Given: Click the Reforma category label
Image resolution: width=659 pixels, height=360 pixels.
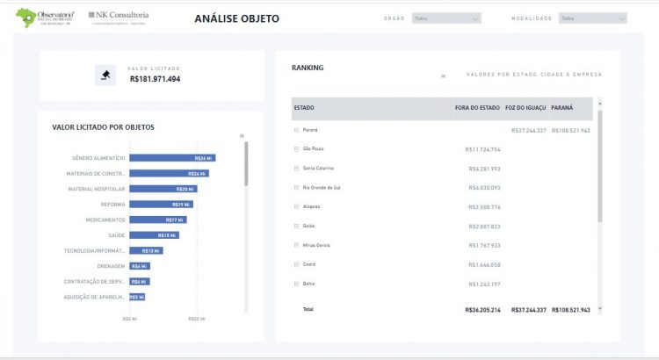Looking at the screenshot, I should [x=113, y=204].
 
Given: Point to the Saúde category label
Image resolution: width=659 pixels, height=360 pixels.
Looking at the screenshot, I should [x=117, y=235].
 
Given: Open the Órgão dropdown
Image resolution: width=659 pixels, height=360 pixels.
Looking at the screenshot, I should [x=446, y=18].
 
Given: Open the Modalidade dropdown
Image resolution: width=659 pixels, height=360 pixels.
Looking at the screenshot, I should [x=593, y=18].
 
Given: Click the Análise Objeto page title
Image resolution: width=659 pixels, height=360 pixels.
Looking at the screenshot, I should [x=236, y=18].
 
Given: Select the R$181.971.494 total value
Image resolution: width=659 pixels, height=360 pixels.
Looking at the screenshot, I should [x=155, y=79].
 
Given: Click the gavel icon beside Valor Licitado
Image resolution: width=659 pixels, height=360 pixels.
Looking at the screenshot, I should [x=105, y=75].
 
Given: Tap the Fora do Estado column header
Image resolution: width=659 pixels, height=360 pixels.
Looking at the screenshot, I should [x=477, y=108].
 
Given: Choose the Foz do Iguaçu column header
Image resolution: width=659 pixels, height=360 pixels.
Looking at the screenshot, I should [x=525, y=108].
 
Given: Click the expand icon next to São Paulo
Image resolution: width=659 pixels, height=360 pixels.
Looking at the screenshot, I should [x=296, y=149].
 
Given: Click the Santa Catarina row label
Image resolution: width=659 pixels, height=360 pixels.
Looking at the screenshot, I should [x=318, y=168].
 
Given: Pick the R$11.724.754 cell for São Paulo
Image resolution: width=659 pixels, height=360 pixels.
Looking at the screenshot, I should [x=483, y=149].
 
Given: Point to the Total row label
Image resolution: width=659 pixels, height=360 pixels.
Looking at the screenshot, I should [x=308, y=309].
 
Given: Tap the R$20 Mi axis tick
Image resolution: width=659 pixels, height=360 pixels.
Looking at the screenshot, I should [x=197, y=319].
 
